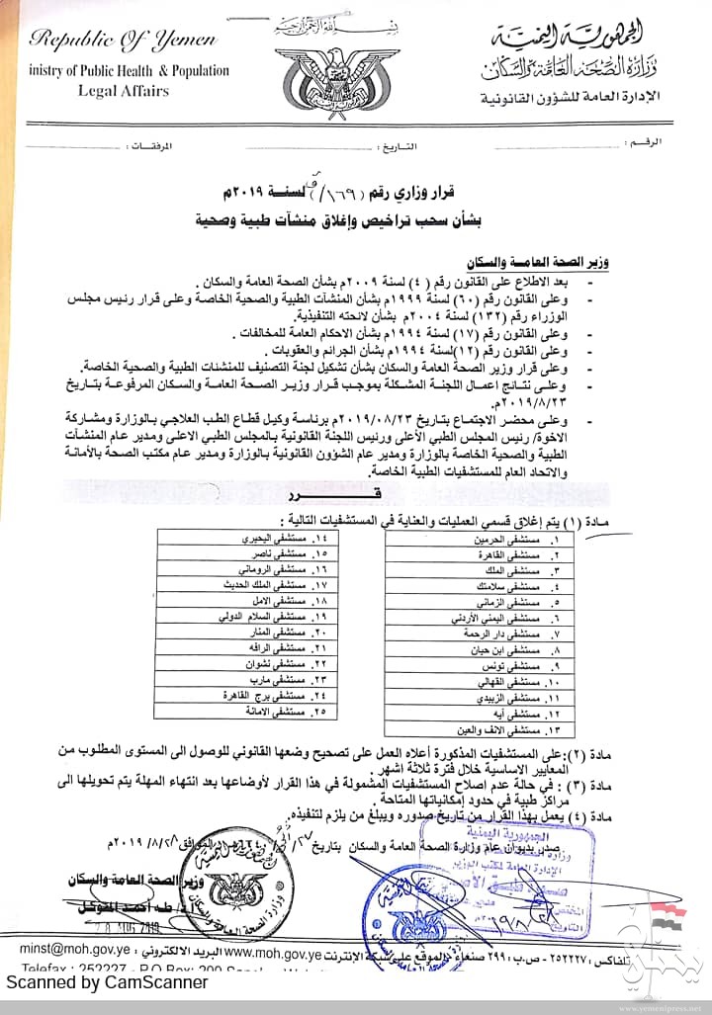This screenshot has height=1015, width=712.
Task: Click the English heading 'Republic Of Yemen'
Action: click(122, 41)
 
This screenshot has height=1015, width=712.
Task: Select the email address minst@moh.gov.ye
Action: click(64, 949)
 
